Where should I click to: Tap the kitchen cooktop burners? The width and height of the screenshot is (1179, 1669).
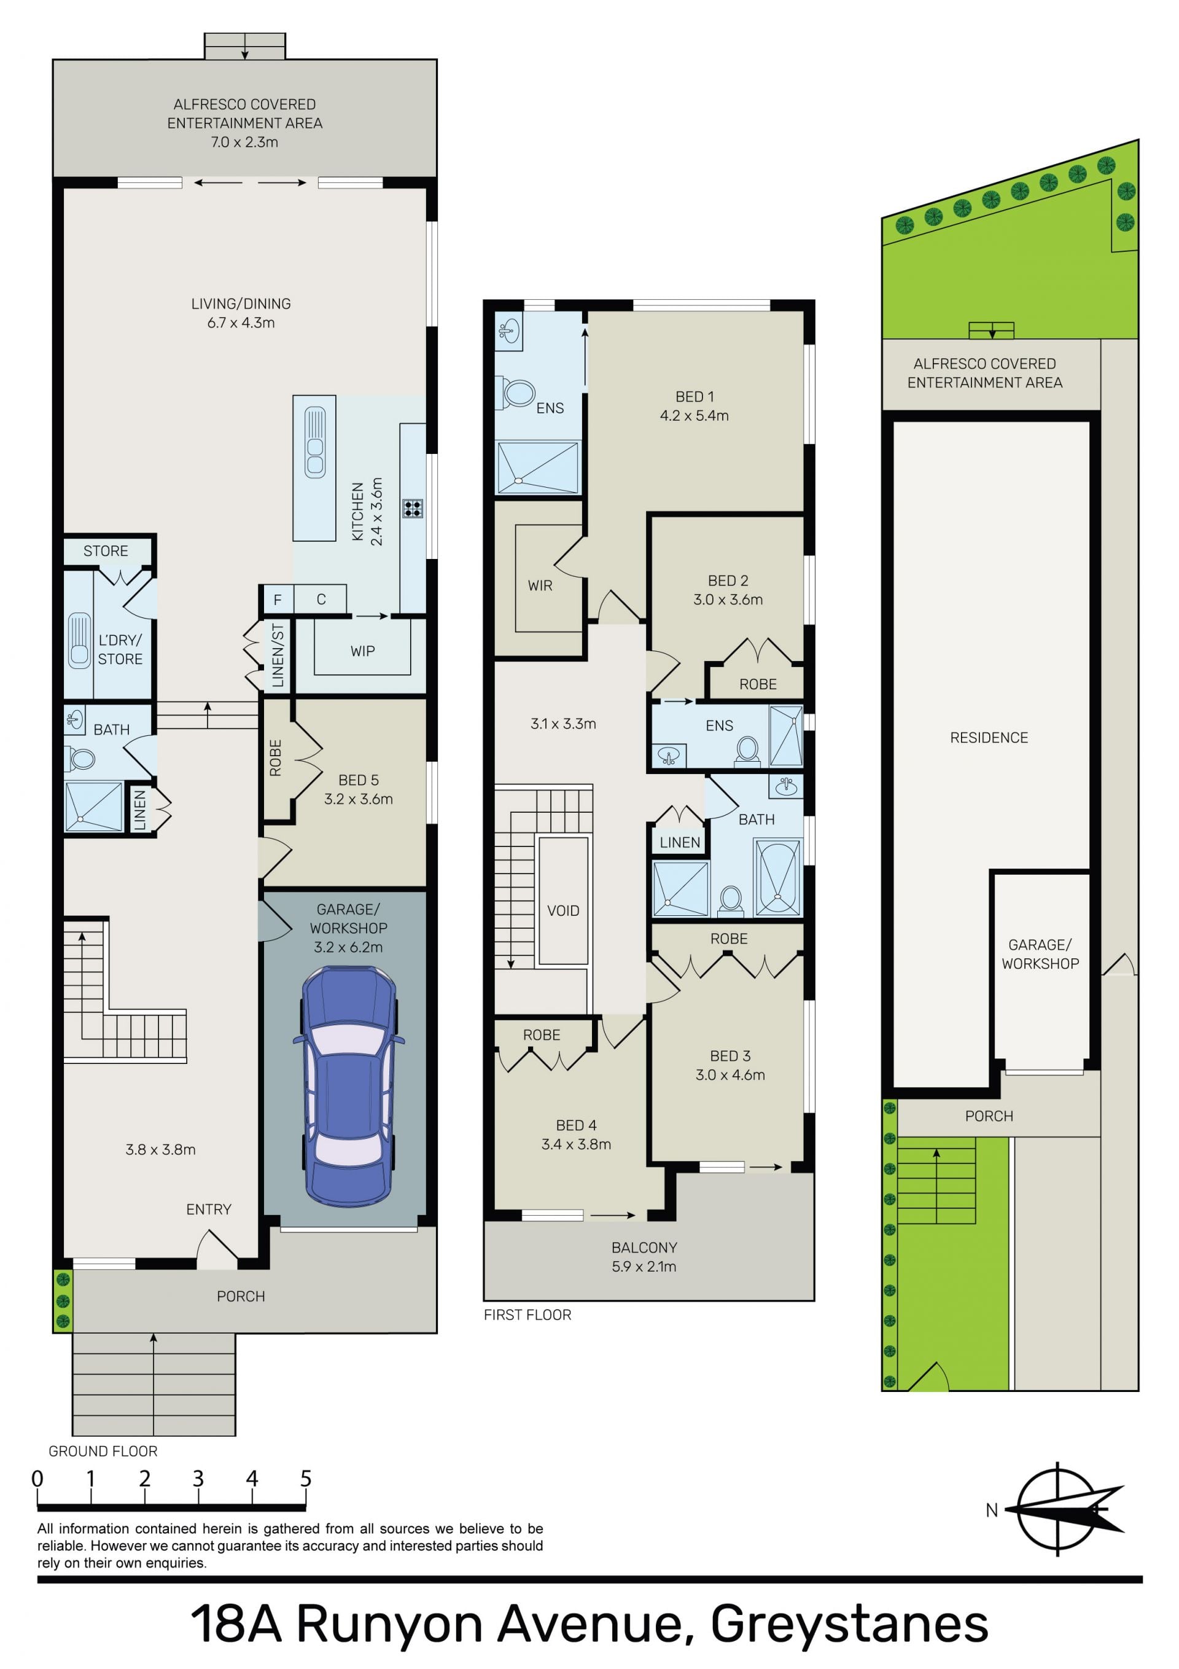(x=413, y=508)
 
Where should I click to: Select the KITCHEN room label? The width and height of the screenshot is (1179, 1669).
(x=357, y=512)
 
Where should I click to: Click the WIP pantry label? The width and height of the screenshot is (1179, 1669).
(x=363, y=651)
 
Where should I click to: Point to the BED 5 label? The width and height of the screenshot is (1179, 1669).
(x=359, y=780)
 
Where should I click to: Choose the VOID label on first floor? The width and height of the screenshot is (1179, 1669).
(x=563, y=911)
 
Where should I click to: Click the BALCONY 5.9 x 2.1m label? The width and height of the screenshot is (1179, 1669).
(x=644, y=1257)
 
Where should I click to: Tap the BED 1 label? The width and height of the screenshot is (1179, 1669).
(x=695, y=397)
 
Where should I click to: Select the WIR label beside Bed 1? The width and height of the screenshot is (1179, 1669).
(x=540, y=586)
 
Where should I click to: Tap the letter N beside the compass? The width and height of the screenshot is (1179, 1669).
(x=992, y=1511)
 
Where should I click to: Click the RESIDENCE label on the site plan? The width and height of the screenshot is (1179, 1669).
(x=989, y=738)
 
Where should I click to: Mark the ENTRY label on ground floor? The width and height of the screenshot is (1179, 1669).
(x=209, y=1210)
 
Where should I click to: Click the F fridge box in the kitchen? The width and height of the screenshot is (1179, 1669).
(x=277, y=600)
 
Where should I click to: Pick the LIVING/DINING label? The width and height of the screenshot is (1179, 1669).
(x=241, y=304)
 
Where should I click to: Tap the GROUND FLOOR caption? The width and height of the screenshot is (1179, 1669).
(x=103, y=1451)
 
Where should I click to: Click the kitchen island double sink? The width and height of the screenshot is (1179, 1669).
(x=315, y=442)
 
